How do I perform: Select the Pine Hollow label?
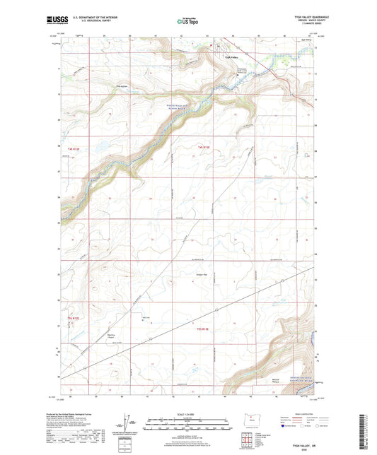(102, 87)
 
